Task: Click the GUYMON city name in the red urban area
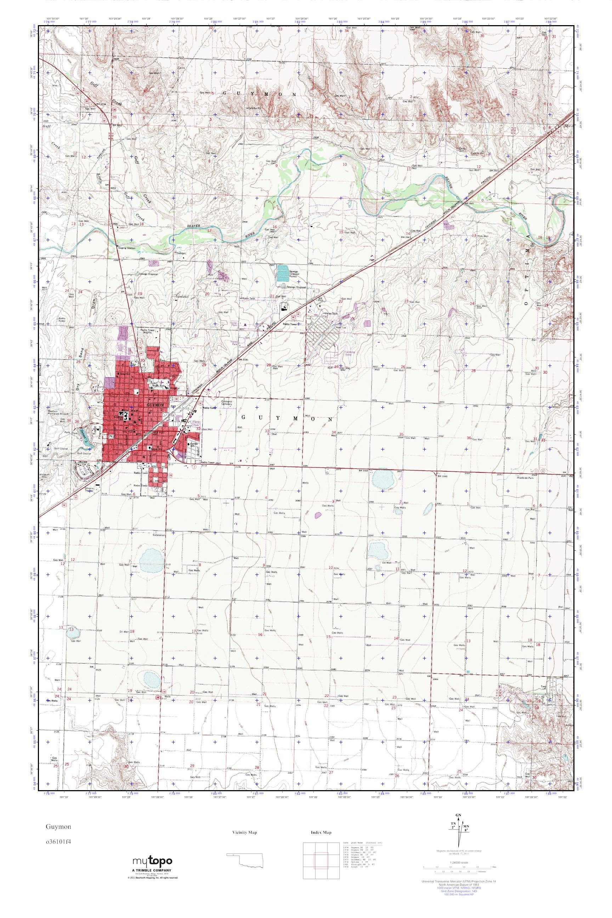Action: [155, 406]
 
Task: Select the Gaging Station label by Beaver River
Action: [125, 248]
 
